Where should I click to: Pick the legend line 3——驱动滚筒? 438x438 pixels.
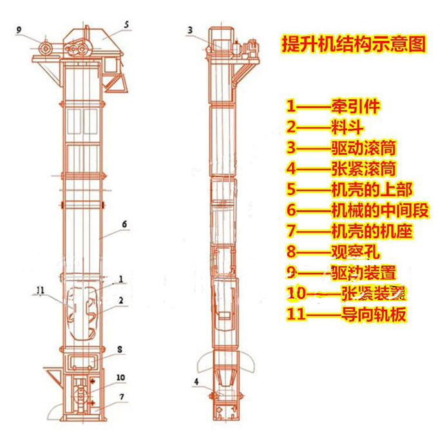pos(341,148)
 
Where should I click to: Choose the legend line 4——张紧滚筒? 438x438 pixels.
pos(341,169)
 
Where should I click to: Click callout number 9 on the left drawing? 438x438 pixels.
pos(19,30)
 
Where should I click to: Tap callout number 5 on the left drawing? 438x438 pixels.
pos(127,24)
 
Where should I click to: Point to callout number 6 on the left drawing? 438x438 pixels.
pos(124,225)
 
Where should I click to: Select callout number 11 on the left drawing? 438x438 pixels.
pos(41,290)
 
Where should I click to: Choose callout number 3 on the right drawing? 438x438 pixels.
pos(190,30)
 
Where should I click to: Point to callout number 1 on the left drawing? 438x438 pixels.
pos(120,280)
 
